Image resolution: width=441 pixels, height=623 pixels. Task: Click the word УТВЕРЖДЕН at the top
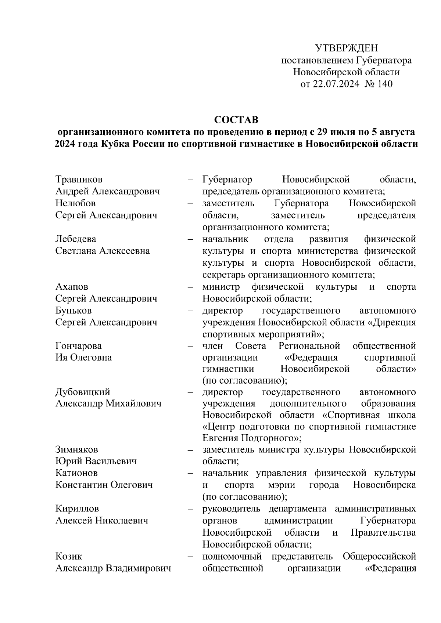click(x=347, y=48)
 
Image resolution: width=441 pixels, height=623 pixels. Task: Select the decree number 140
click(x=385, y=84)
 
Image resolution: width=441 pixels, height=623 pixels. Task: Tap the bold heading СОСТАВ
click(x=236, y=120)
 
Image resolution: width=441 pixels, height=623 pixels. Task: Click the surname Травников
click(x=79, y=180)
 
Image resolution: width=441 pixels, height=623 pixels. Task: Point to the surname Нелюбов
click(x=75, y=203)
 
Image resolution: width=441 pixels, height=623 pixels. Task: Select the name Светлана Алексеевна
click(x=103, y=251)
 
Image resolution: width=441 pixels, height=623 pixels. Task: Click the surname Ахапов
click(x=72, y=287)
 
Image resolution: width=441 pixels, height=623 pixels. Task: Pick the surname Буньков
click(x=73, y=311)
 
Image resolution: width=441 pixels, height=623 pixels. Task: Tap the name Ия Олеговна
click(x=83, y=358)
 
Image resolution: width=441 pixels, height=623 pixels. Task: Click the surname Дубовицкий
click(x=83, y=392)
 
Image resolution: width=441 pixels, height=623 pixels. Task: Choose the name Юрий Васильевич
click(x=96, y=461)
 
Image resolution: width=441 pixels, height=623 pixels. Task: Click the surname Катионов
click(x=77, y=473)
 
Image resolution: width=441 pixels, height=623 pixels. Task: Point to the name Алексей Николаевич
click(x=102, y=521)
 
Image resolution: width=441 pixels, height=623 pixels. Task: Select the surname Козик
click(x=69, y=557)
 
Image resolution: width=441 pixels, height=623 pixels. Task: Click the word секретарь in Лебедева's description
click(x=224, y=275)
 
